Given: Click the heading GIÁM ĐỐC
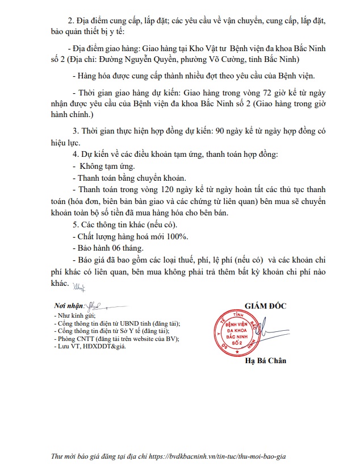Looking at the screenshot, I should point(266,306).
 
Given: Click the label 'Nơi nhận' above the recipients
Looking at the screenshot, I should point(68,306).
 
